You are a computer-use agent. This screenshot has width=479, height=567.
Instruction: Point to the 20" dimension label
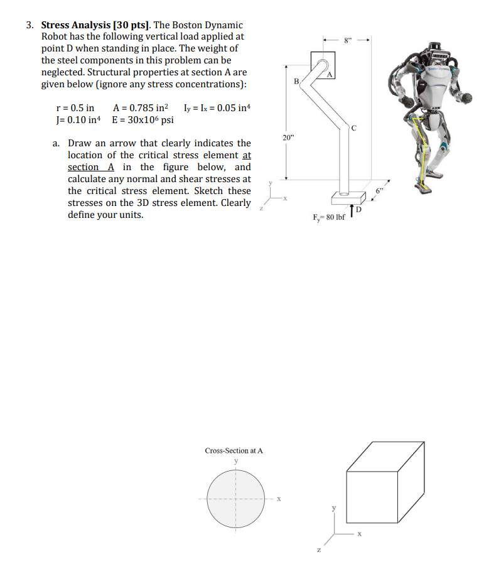288,138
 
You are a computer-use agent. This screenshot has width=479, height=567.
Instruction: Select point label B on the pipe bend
296,82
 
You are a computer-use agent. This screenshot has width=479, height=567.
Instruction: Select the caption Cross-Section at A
234,450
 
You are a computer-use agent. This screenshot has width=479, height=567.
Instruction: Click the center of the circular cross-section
235,500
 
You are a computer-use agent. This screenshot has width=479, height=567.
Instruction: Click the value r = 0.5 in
76,108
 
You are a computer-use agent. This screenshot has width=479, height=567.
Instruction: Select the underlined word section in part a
83,167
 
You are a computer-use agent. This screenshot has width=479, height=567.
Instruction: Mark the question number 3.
30,25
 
